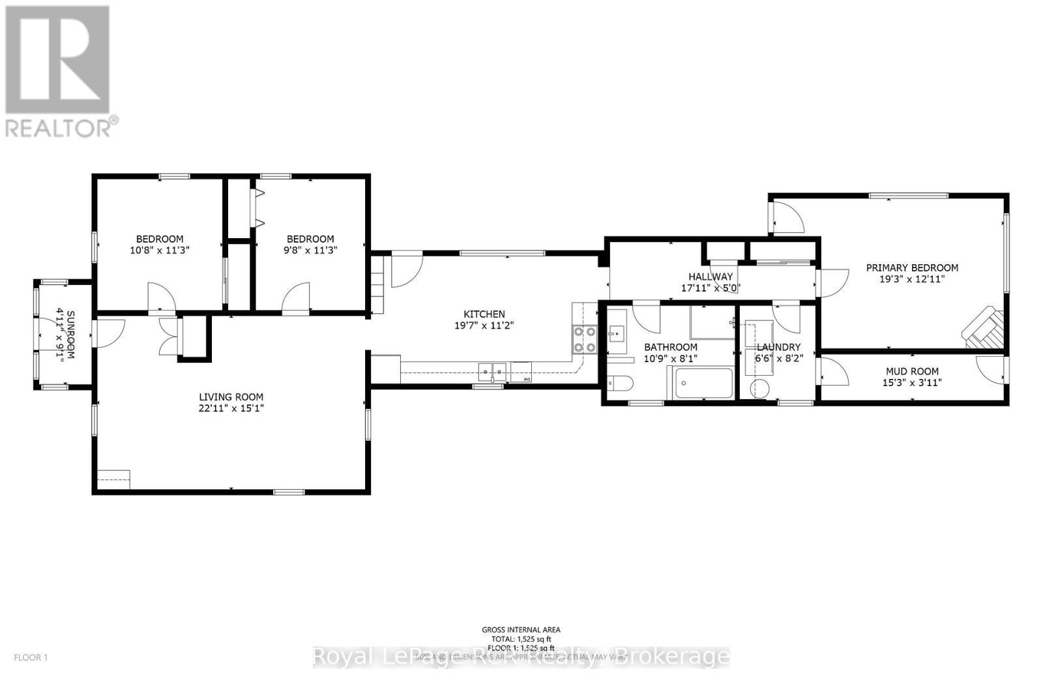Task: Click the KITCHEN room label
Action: coord(484,314)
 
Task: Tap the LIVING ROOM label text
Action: coord(231,397)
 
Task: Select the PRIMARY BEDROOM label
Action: coord(912,267)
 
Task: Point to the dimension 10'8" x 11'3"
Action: coord(160,250)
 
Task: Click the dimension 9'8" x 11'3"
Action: coord(310,250)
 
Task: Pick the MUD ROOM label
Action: coord(912,372)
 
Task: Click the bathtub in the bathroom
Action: coord(703,383)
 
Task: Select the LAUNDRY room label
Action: coord(778,347)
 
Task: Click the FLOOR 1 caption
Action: coord(31,658)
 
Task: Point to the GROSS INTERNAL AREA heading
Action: coord(521,629)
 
